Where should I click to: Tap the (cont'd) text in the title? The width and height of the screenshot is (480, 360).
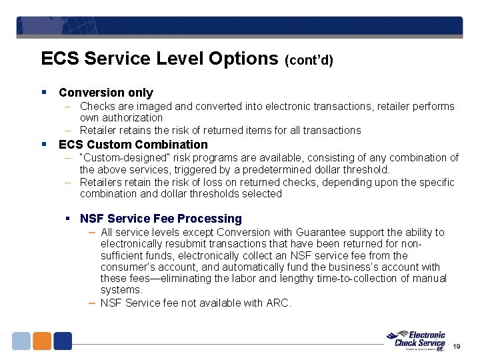[x=309, y=60]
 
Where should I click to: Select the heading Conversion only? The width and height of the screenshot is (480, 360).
[x=106, y=93]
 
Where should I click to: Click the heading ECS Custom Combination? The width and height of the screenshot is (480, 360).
[x=133, y=145]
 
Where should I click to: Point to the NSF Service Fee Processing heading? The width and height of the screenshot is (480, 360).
[x=161, y=219]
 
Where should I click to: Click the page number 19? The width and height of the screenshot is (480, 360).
[x=457, y=347]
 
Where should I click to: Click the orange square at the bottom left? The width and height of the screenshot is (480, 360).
[x=42, y=341]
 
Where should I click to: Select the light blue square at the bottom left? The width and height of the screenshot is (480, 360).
[x=21, y=341]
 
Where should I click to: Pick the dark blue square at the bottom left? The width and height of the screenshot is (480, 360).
[x=63, y=341]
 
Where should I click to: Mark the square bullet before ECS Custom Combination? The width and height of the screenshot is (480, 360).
[x=43, y=144]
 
